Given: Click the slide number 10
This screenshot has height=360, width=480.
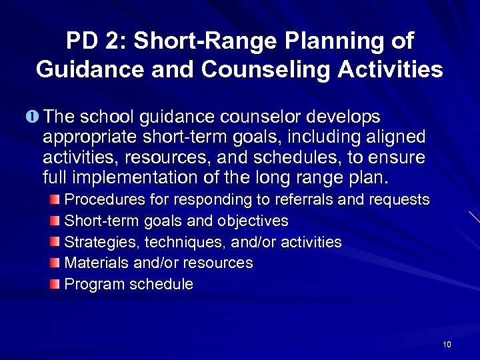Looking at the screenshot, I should pos(447,344).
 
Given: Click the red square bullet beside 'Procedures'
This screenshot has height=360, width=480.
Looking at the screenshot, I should pos(55,199).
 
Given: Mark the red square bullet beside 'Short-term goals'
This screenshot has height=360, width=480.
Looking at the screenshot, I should pos(55,221).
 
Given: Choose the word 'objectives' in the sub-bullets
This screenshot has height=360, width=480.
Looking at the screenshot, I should pos(253,221).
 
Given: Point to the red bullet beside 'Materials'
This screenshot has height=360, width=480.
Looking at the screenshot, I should pos(55,263).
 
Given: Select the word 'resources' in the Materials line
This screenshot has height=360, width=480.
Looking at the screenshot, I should pos(221,263).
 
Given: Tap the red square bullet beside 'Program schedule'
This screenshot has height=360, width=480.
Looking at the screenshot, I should pos(55,284).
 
